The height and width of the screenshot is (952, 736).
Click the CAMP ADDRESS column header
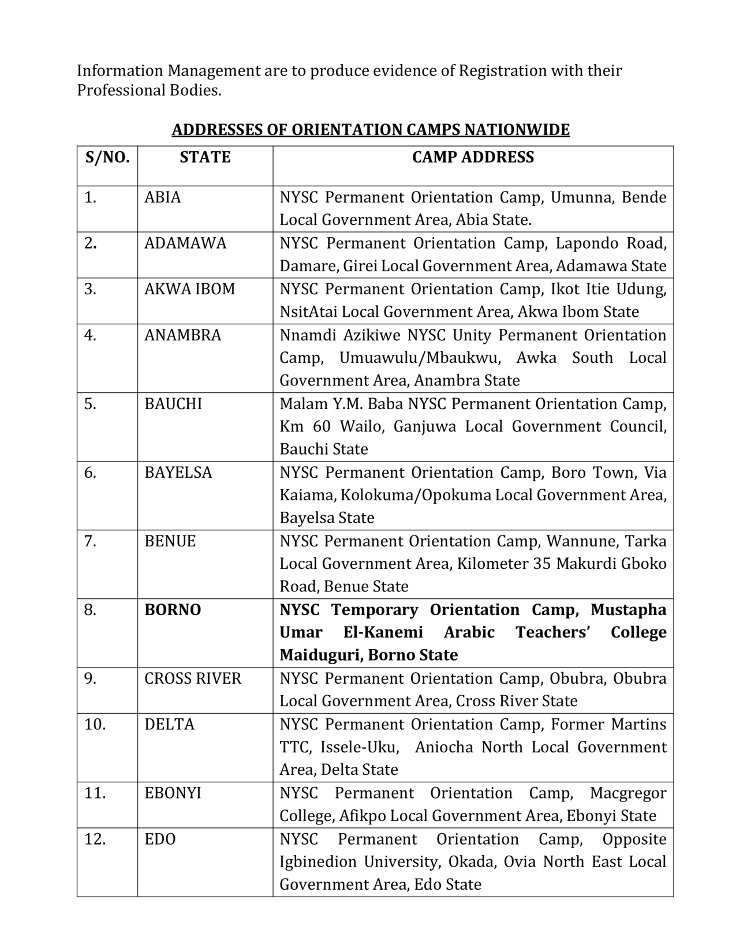(x=473, y=158)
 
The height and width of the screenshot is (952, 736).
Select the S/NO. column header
(x=107, y=158)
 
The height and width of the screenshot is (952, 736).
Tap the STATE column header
(x=205, y=158)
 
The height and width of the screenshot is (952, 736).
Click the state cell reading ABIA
(x=163, y=197)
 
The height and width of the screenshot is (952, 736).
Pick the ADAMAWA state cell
(x=185, y=243)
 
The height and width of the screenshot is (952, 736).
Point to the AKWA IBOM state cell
(x=190, y=289)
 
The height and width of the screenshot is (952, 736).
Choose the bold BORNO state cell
(x=173, y=610)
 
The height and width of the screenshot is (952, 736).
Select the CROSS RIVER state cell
(x=193, y=679)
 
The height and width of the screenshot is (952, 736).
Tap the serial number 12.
(x=95, y=839)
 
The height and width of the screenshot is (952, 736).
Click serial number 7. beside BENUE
(x=90, y=541)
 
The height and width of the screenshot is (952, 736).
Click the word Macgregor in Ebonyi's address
(x=628, y=793)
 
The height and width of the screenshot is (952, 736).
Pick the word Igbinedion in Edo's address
(x=317, y=862)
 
